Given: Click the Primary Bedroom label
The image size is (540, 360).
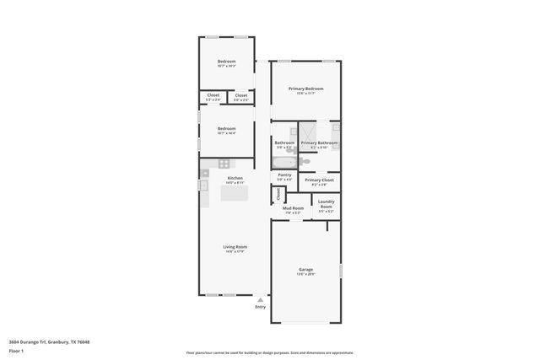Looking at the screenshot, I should pyautogui.click(x=305, y=89).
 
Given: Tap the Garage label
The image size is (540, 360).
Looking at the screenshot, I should pyautogui.click(x=305, y=269).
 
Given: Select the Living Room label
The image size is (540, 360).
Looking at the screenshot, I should pyautogui.click(x=235, y=246).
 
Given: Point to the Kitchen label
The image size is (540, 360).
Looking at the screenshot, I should pyautogui.click(x=235, y=178).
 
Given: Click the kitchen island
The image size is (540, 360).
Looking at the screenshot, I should pyautogui.click(x=234, y=193).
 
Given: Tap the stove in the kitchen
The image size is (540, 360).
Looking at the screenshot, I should pyautogui.click(x=224, y=164).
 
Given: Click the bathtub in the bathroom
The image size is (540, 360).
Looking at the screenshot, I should pyautogui.click(x=284, y=161).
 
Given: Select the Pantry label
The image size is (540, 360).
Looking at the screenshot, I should pyautogui.click(x=284, y=175).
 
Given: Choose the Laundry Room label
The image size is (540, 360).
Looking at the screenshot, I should pyautogui.click(x=326, y=203).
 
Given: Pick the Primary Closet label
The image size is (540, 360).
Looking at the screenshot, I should pyautogui.click(x=319, y=180).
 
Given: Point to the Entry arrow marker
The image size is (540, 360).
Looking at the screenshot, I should pyautogui.click(x=260, y=299).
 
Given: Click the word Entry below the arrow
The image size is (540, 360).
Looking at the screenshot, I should pyautogui.click(x=260, y=307).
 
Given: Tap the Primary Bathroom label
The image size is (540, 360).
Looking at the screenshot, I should pyautogui.click(x=319, y=142).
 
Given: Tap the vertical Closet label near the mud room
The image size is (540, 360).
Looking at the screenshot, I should pyautogui.click(x=278, y=194).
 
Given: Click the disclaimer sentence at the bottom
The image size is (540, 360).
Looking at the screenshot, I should pyautogui.click(x=270, y=352).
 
